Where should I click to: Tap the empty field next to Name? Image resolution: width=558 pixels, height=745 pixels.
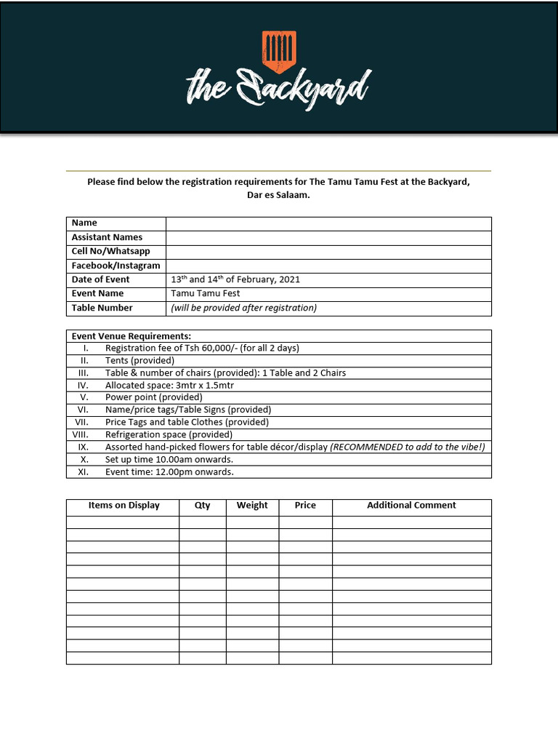tap(328, 223)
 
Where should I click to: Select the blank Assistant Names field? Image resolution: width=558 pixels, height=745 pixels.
tap(328, 237)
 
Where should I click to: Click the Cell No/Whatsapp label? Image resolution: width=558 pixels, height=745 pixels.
tap(110, 251)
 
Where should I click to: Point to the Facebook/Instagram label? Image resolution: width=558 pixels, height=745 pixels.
tap(116, 266)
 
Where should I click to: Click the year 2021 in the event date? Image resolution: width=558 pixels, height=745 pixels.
tap(288, 279)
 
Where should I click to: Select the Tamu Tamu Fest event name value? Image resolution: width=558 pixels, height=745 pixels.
tap(205, 293)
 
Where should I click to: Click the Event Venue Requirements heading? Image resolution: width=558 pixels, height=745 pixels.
tap(132, 336)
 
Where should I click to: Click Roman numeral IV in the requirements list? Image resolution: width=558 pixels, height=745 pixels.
tap(83, 385)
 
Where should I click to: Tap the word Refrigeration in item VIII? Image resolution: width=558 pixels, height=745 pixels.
tap(133, 434)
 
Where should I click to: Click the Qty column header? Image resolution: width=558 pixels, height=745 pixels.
tap(202, 505)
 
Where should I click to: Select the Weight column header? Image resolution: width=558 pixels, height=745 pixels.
tap(252, 505)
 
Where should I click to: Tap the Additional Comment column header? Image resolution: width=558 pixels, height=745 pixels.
tap(411, 505)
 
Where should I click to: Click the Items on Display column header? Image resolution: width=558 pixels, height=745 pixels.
tap(124, 505)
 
